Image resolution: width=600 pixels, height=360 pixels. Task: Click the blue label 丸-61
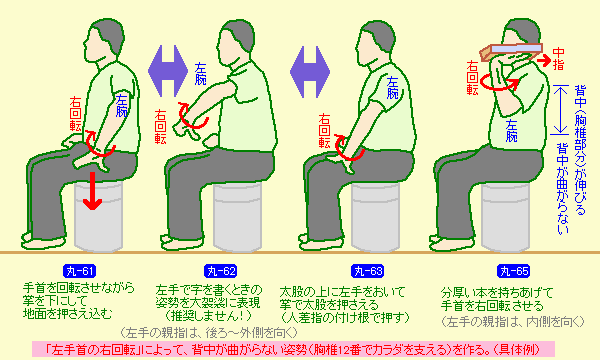point(80,271)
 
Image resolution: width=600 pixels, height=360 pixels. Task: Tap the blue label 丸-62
point(220,271)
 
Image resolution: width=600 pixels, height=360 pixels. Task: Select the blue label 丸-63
point(367,271)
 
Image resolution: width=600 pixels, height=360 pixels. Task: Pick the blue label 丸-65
point(514,271)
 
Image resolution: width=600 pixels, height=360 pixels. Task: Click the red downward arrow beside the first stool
point(92,190)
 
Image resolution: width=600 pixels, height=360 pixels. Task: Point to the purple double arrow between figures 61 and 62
point(168,71)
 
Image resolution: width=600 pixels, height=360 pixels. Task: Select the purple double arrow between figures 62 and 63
point(310,72)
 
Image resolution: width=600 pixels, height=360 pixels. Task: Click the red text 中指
point(558,59)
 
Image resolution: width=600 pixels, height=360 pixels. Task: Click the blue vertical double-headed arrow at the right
point(560,110)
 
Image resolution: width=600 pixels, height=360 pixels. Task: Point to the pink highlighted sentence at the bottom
point(293,350)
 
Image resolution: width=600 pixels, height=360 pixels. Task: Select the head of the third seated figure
point(375,42)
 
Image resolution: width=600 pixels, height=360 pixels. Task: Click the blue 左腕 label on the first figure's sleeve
point(122,105)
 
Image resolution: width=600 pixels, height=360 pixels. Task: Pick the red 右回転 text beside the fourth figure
point(473,78)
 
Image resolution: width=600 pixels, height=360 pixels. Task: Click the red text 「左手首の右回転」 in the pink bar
point(92,350)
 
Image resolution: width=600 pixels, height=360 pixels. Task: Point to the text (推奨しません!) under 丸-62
point(209,316)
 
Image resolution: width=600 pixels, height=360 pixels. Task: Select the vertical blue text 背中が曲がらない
point(562,187)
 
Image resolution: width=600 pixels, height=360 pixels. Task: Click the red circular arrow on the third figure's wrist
point(349,148)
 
